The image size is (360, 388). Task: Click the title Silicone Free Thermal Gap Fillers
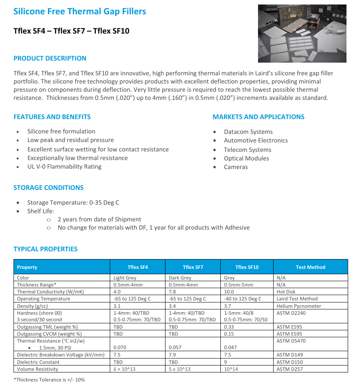[79, 11]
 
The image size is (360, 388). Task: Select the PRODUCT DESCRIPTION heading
[50, 58]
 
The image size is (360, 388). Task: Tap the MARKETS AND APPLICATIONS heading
[258, 117]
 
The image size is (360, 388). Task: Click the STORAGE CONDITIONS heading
[48, 187]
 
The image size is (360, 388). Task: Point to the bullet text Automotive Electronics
[256, 140]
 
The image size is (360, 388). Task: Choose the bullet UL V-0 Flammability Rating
[64, 167]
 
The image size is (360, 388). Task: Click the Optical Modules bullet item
[246, 158]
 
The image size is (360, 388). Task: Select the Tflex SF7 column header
[193, 267]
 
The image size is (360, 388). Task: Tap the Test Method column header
[310, 267]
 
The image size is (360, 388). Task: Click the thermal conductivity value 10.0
[229, 292]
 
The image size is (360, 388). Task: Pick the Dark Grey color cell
[180, 278]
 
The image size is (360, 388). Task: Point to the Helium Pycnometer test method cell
[299, 306]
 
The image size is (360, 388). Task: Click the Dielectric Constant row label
[38, 362]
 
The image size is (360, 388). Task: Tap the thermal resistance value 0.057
[175, 347]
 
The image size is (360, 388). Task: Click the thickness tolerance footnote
[49, 380]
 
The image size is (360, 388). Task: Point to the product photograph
[302, 34]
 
